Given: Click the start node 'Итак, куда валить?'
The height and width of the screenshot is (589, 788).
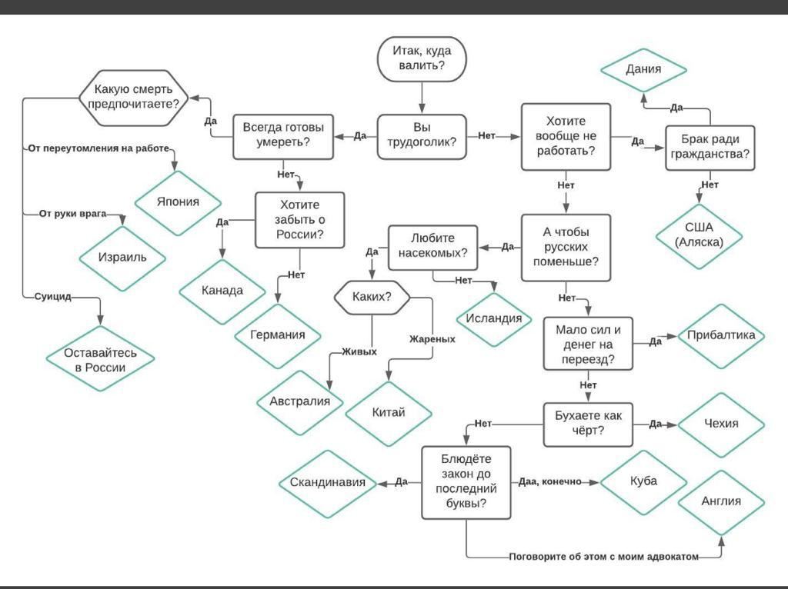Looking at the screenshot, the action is (x=422, y=58).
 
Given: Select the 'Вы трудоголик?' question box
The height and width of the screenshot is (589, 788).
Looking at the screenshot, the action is (x=422, y=137).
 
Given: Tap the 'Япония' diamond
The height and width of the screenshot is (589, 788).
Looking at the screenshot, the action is (x=178, y=203).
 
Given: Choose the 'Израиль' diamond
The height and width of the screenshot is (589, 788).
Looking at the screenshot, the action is (x=122, y=258).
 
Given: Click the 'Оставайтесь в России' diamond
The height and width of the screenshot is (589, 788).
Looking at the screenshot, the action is (x=100, y=359).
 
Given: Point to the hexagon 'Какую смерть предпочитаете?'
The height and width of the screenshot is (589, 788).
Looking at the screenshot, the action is (x=134, y=98).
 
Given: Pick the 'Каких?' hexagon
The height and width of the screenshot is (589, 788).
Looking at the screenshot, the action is (x=372, y=298).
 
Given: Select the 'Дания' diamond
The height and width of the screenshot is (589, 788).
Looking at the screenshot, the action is (x=643, y=70).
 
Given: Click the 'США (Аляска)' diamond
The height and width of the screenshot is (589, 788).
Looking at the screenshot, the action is (x=699, y=235).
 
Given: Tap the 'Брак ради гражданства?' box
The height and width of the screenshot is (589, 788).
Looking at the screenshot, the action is (x=710, y=148).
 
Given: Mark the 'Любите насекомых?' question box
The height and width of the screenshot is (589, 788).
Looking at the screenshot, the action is (x=432, y=247).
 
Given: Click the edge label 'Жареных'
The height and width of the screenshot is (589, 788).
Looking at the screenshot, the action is (x=432, y=339).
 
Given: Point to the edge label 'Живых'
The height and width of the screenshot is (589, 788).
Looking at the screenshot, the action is (x=359, y=352).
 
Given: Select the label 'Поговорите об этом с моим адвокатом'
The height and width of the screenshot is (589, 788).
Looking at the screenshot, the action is (x=603, y=557).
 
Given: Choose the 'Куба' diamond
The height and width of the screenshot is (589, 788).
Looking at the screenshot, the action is (x=643, y=481).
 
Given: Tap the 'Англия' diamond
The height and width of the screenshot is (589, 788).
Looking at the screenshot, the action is (x=721, y=501).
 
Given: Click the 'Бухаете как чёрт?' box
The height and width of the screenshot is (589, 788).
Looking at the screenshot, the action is (x=588, y=424).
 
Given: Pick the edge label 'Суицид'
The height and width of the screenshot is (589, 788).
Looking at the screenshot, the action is (x=53, y=297).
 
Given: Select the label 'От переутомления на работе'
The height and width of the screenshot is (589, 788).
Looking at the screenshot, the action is (x=98, y=148).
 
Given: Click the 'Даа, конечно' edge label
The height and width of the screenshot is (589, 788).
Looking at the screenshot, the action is (x=549, y=482).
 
